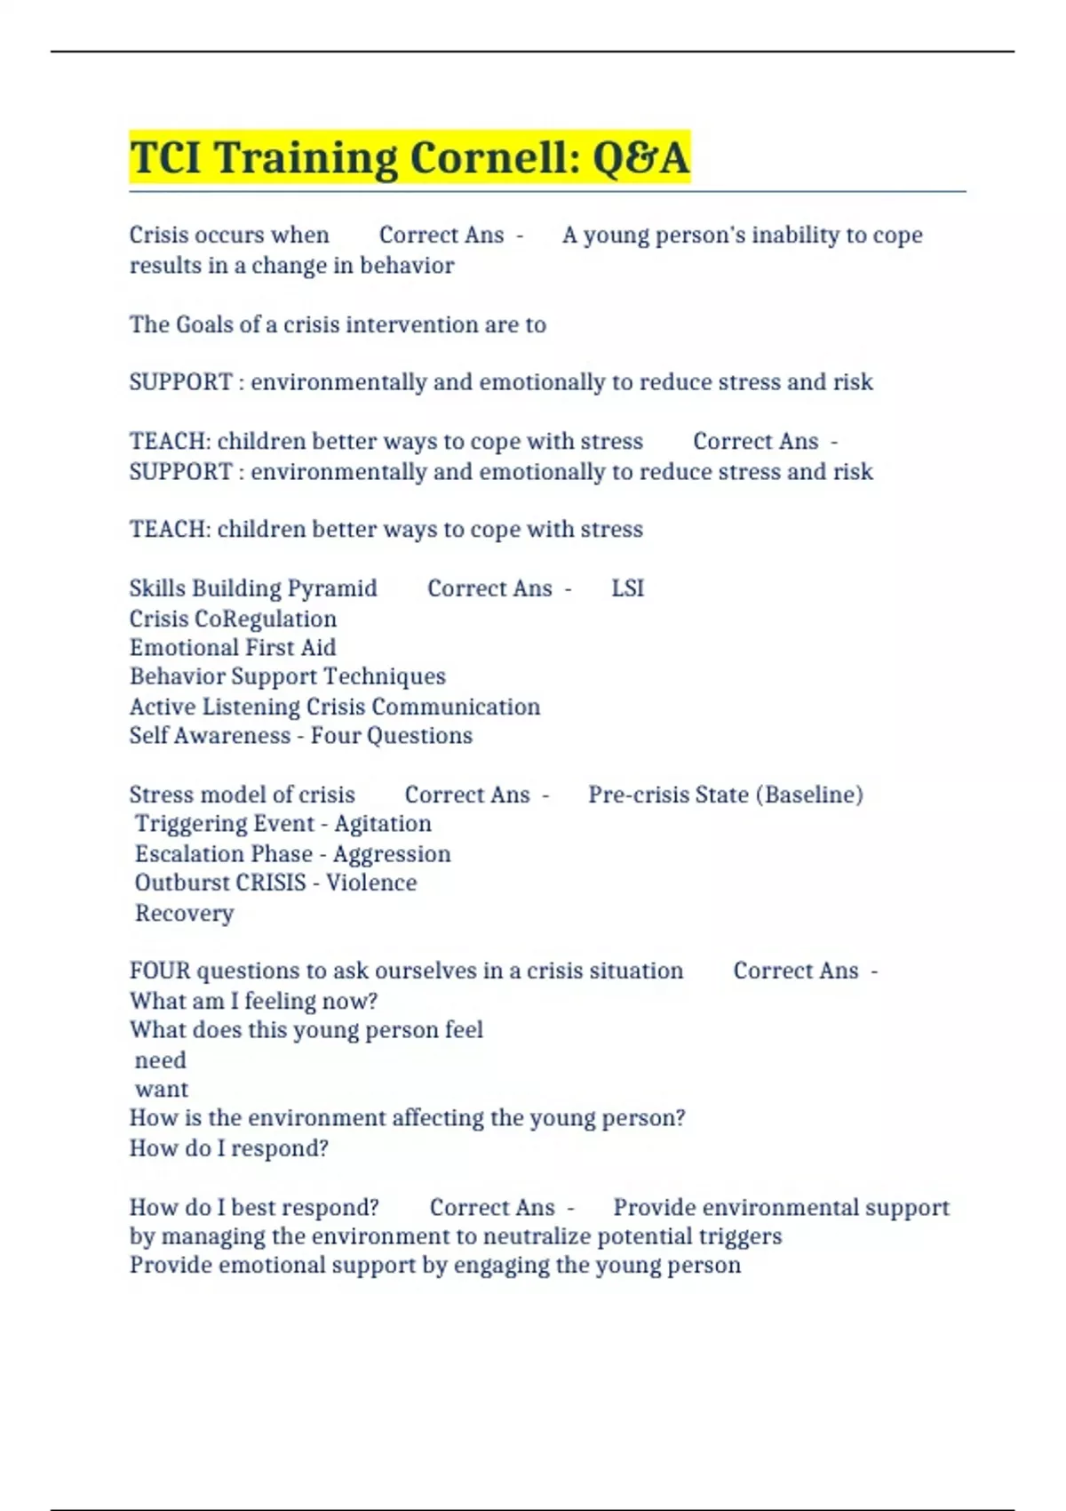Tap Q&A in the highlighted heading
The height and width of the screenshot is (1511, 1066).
tap(640, 158)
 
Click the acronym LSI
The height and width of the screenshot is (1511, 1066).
tap(627, 588)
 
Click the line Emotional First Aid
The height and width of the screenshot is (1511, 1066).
tap(233, 648)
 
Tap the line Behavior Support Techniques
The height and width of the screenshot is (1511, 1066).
tap(287, 676)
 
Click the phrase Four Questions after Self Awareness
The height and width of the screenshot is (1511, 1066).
tap(391, 736)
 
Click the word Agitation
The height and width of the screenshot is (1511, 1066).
tap(383, 824)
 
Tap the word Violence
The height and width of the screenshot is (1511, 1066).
tap(371, 883)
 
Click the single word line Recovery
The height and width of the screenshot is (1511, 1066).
tap(184, 914)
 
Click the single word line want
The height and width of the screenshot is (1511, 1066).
tap(161, 1090)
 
